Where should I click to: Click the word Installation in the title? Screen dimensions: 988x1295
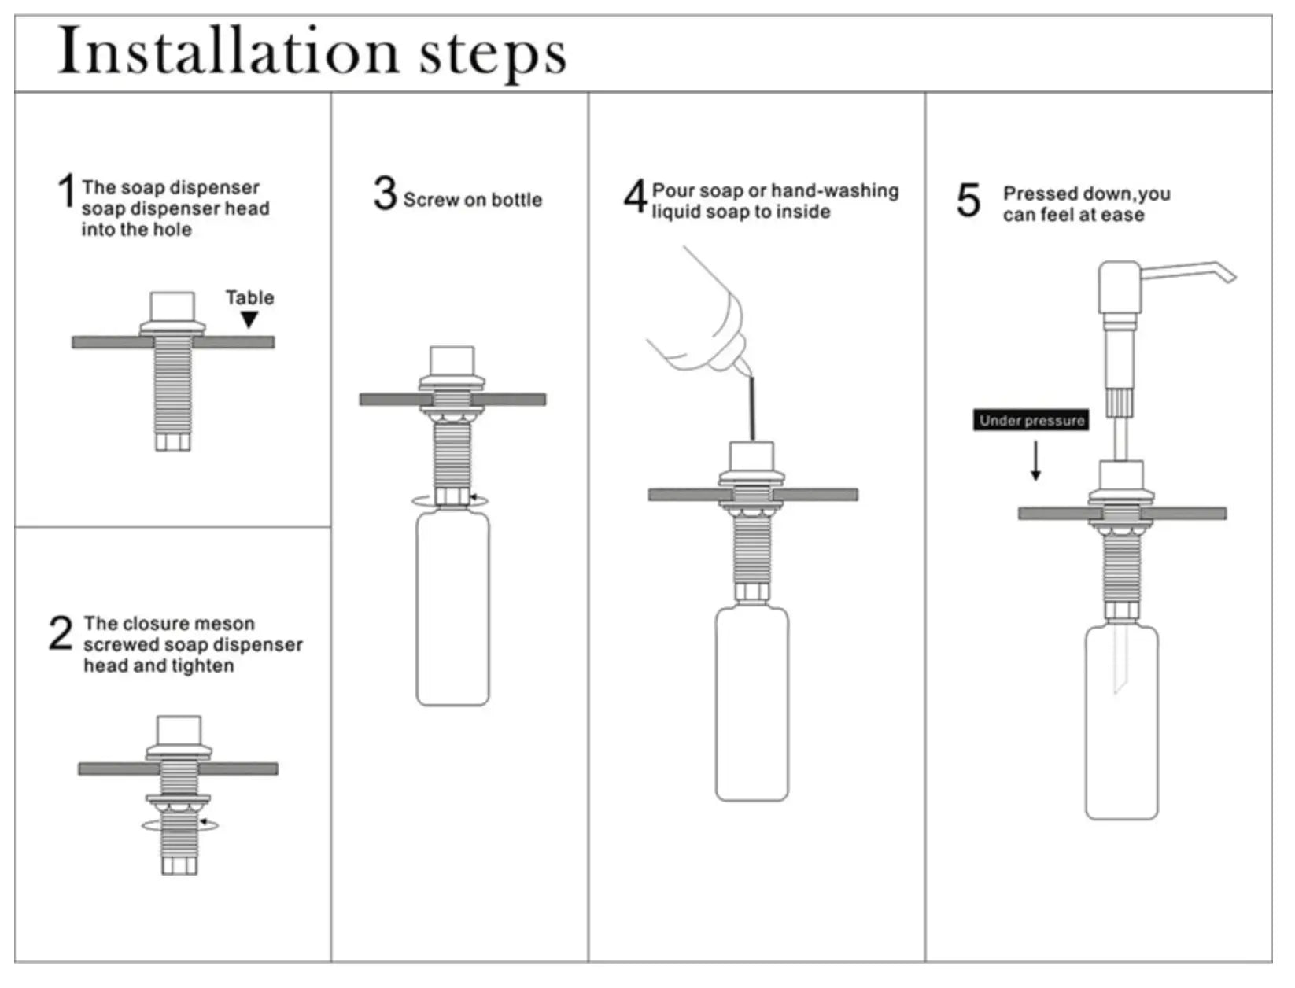coord(229,52)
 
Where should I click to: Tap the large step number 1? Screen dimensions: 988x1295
coord(66,193)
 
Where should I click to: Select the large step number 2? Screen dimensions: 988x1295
coord(61,633)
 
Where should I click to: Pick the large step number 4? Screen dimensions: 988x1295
coord(635,197)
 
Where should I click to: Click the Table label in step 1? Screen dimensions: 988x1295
coord(250,298)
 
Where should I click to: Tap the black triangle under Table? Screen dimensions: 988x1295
coord(249,319)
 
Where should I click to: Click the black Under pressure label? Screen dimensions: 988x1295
coord(1032,421)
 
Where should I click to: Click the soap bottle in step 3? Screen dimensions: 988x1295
coord(452,607)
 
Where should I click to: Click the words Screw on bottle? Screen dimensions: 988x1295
coord(472,200)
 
